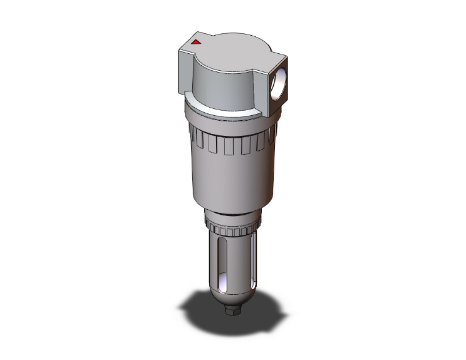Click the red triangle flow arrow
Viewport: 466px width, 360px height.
tap(195, 43)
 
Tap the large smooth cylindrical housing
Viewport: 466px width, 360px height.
tap(230, 182)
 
